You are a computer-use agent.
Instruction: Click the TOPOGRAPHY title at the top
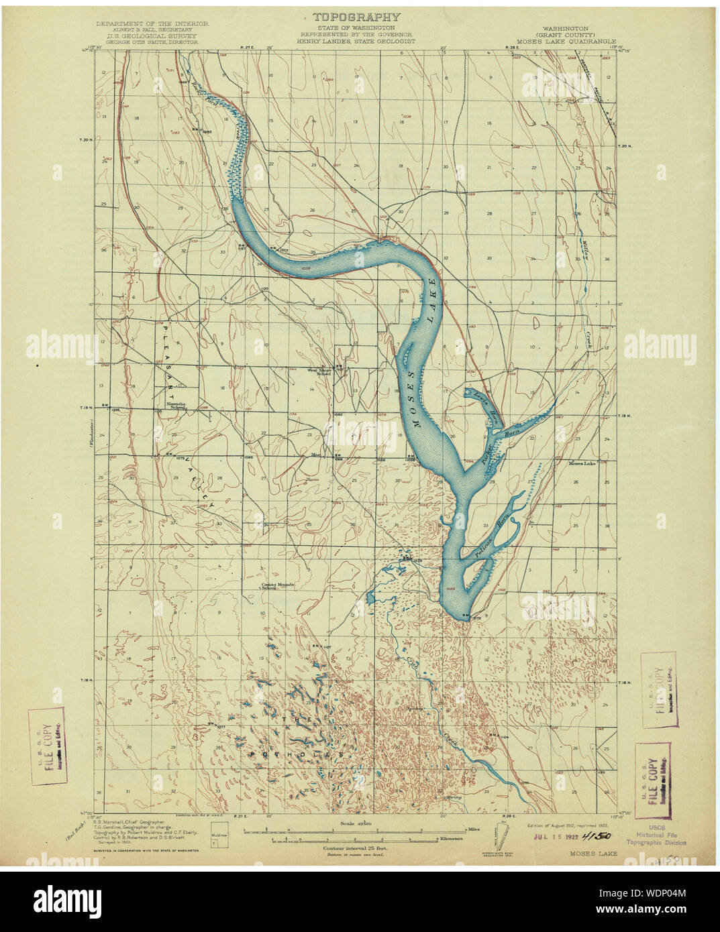click(356, 17)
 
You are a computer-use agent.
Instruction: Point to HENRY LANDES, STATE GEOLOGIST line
click(356, 41)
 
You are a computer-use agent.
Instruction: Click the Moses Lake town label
click(582, 463)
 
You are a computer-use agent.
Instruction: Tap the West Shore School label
click(319, 371)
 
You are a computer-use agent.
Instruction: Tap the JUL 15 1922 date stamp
click(555, 837)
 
